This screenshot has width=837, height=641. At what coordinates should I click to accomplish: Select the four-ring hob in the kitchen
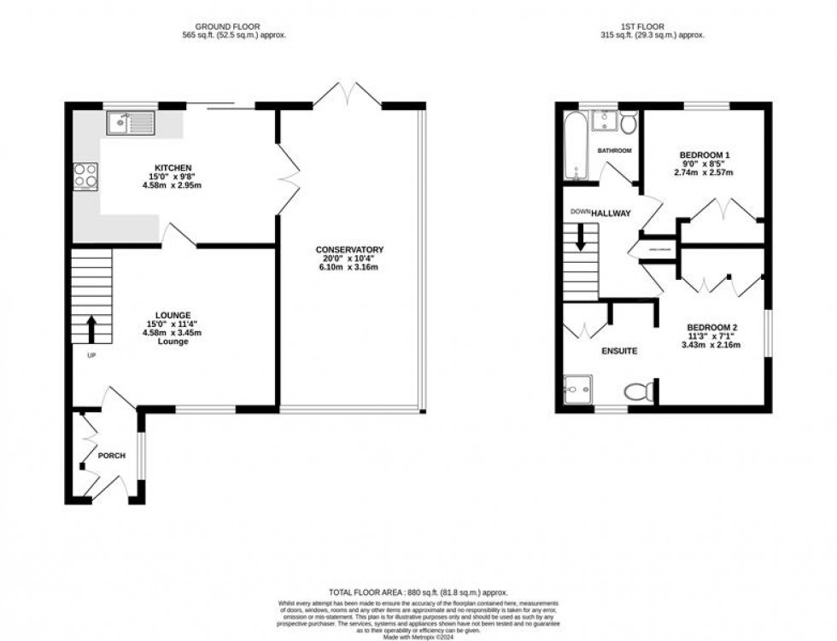[85, 175]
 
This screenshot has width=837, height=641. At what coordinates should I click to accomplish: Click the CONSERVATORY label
[349, 249]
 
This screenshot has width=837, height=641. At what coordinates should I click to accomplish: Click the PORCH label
[111, 456]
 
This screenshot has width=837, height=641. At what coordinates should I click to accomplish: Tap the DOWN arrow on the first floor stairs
[581, 236]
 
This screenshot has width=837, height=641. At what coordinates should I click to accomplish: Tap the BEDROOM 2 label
[711, 328]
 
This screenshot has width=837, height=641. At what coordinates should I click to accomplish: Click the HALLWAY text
[612, 213]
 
